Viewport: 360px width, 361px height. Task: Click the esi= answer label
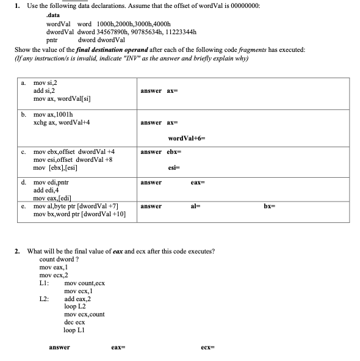173,167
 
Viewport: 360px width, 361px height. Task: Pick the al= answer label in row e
195,206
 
